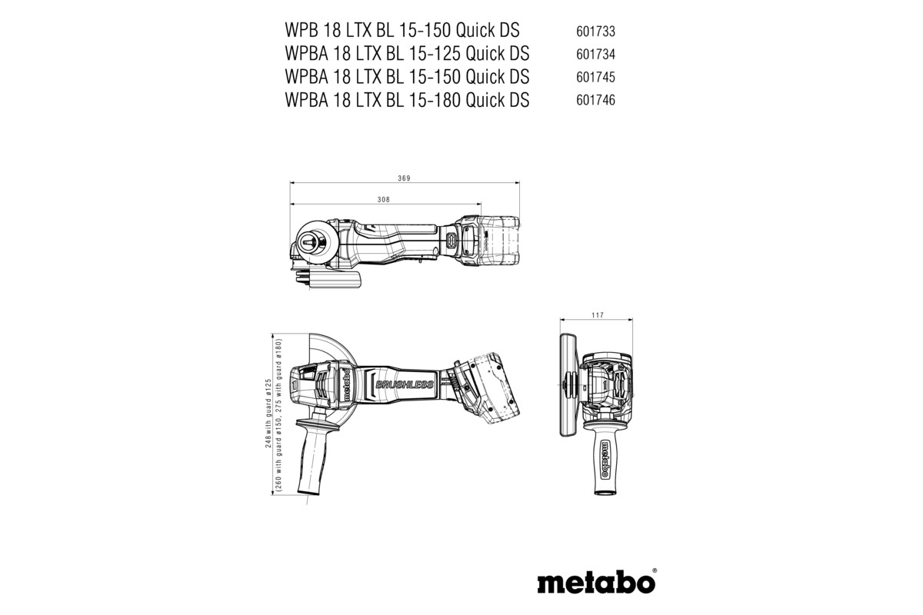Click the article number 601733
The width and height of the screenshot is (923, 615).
point(595,32)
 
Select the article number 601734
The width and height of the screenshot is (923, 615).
point(595,55)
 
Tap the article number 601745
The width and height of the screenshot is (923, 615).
point(595,78)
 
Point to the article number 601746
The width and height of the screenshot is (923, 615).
point(595,101)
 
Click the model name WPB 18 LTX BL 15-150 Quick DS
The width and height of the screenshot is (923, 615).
point(402,31)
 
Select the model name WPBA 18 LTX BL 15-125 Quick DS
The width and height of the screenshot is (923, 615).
point(406,54)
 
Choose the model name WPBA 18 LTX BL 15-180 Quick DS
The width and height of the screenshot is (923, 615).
point(406,100)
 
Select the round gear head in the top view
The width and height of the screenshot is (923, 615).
point(315,243)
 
